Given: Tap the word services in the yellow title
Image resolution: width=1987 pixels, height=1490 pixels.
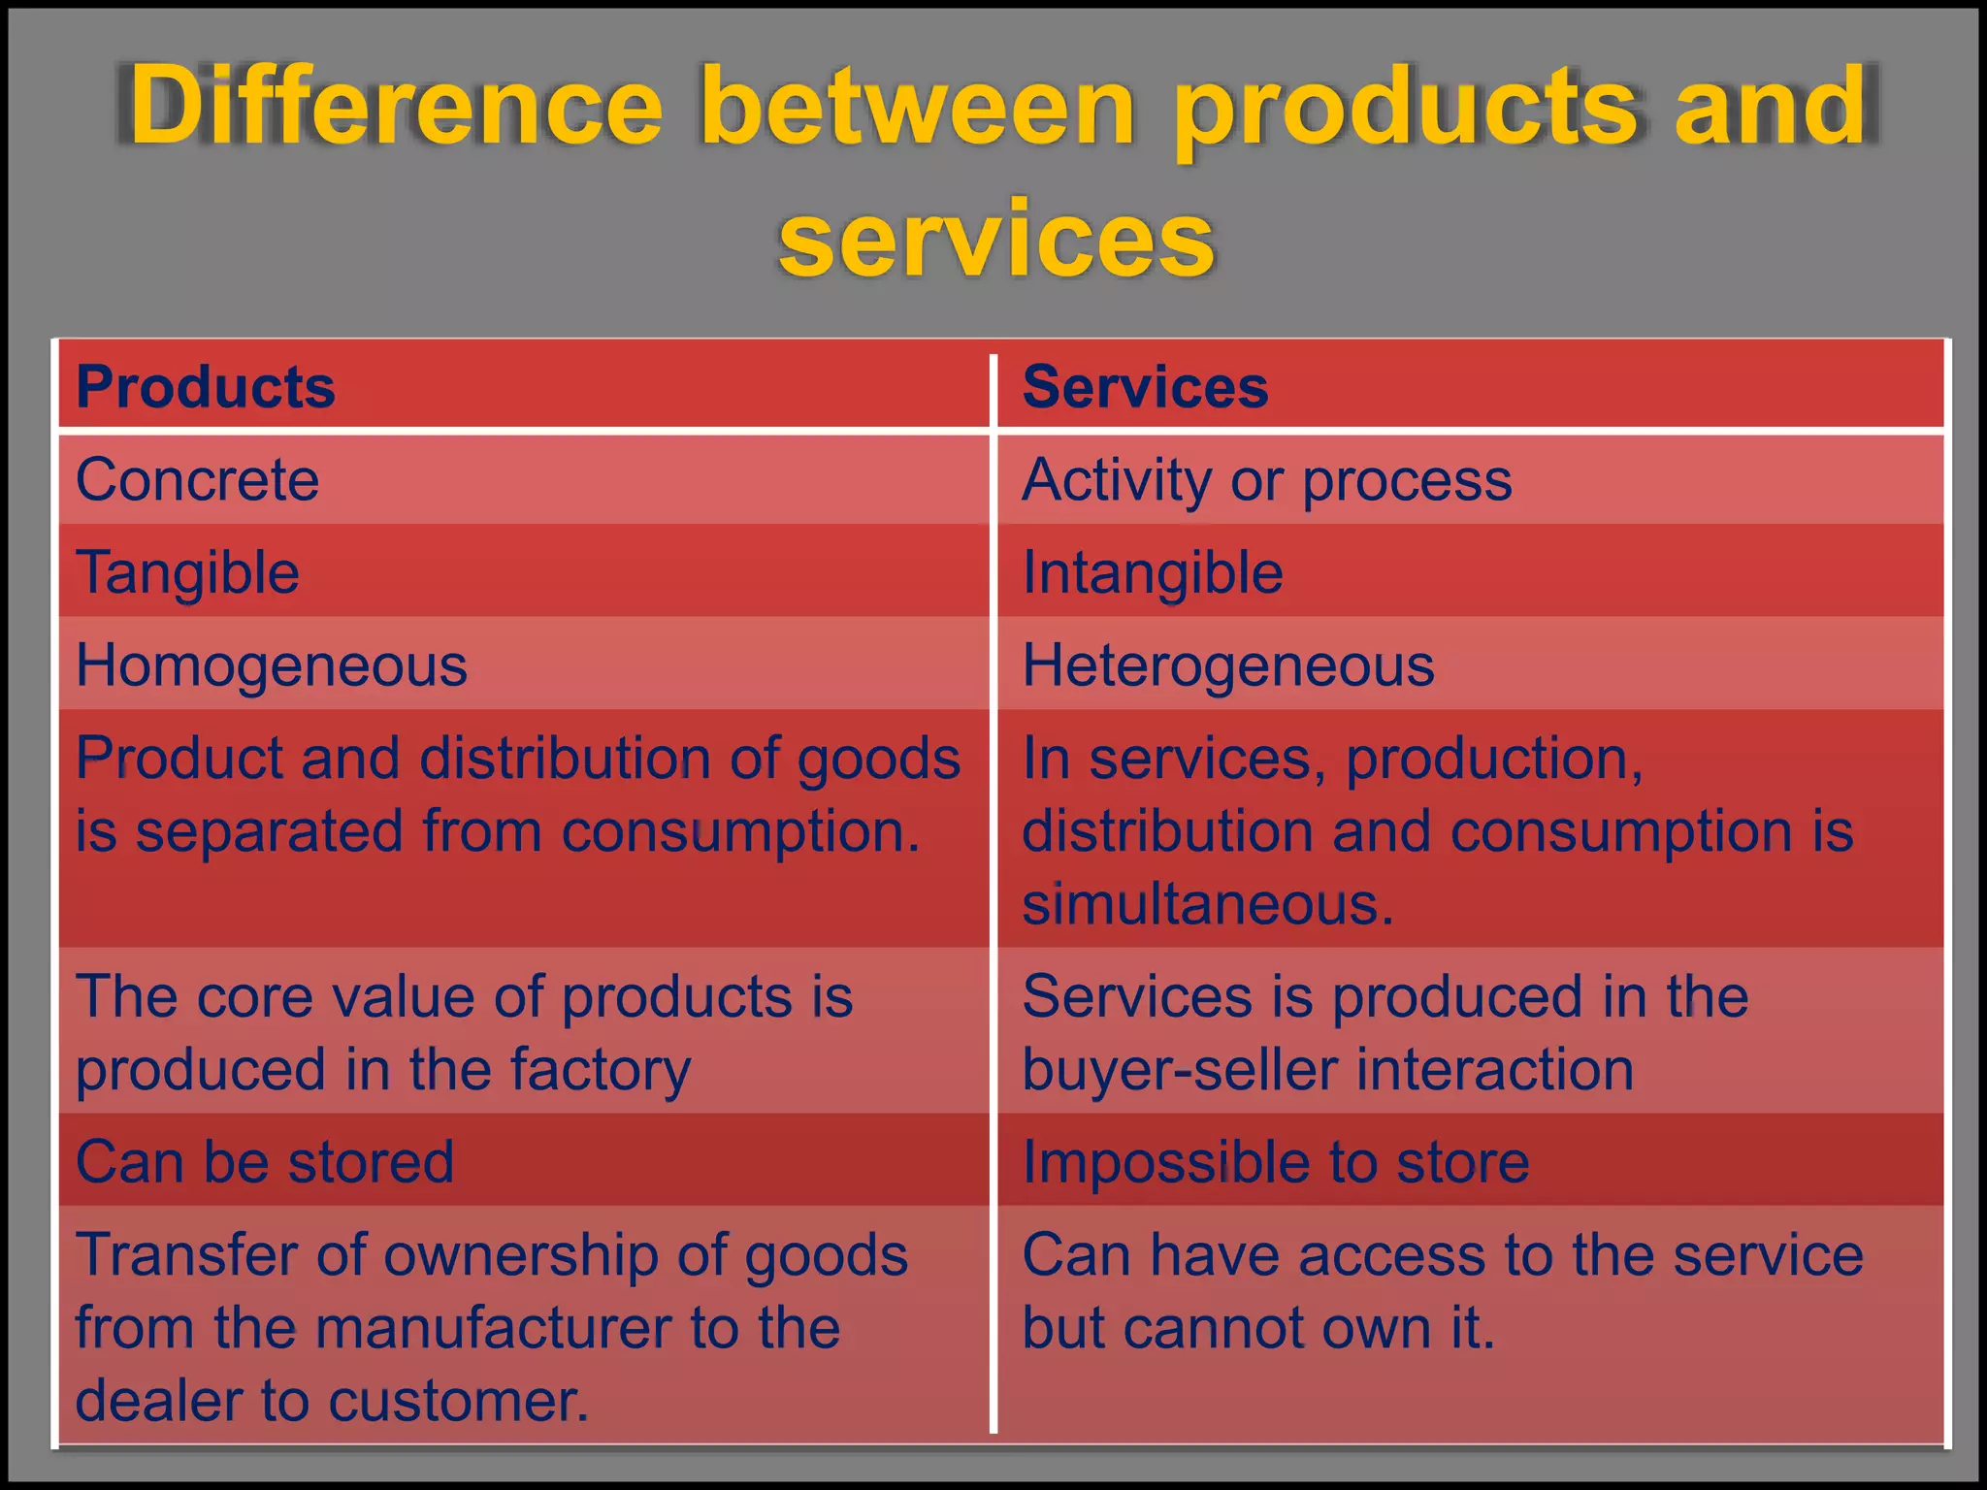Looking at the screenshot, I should click(995, 239).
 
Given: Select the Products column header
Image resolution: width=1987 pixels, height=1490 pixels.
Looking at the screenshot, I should click(206, 387).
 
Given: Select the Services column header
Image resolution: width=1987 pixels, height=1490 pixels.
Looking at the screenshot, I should click(1145, 387).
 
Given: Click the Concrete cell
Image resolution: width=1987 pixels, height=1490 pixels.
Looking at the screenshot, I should click(198, 479).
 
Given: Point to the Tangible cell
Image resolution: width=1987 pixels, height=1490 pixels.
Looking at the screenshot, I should click(188, 572).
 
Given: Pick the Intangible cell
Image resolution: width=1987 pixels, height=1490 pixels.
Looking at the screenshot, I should click(1153, 572).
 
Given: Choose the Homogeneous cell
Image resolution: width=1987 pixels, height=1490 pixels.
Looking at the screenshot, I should click(272, 665).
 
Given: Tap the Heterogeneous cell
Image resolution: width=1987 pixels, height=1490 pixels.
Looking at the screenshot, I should click(1228, 665).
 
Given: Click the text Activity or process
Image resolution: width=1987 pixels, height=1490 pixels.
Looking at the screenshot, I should click(1267, 479).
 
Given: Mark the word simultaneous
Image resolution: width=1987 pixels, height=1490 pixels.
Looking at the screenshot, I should click(1207, 904).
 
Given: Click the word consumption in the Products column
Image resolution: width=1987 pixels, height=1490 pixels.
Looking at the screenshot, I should click(739, 832).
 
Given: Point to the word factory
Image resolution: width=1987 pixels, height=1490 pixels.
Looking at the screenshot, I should click(601, 1070).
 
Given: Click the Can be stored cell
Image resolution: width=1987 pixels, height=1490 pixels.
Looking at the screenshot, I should click(265, 1161).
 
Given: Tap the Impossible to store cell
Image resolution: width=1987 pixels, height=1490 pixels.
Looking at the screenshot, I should click(1276, 1161).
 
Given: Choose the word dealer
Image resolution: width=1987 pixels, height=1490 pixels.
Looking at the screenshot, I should click(157, 1401).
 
